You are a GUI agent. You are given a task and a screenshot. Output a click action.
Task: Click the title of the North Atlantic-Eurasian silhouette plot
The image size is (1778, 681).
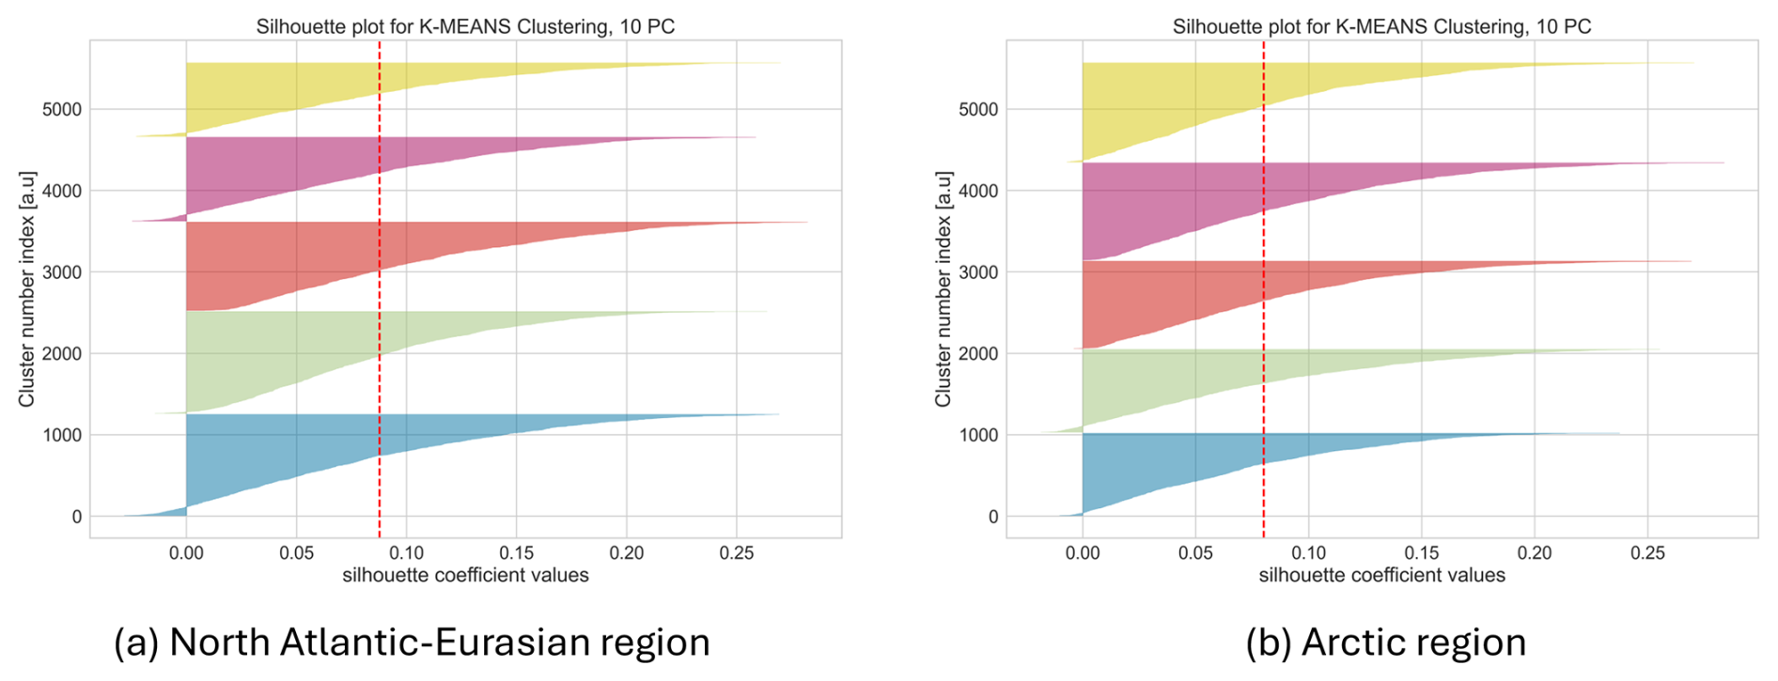465,26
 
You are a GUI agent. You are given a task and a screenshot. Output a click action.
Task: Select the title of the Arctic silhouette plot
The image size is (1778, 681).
1381,26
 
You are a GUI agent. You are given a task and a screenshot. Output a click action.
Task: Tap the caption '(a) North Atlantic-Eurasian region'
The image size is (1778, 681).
412,642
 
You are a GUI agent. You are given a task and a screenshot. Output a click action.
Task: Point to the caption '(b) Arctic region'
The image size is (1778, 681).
1385,642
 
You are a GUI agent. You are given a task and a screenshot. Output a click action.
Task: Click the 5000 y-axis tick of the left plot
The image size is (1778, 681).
62,110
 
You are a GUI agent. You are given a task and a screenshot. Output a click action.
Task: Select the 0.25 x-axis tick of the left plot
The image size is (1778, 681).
737,553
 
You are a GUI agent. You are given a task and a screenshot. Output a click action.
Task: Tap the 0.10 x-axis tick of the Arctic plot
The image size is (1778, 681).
1308,553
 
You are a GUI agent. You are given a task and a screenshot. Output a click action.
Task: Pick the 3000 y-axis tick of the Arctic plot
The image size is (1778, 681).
979,272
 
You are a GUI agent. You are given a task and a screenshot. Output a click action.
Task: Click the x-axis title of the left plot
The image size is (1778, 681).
465,575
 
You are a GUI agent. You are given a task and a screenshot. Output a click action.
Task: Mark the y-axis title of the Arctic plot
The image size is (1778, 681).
943,288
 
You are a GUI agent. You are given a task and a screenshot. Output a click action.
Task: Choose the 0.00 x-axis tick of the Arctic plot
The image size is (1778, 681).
1083,553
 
